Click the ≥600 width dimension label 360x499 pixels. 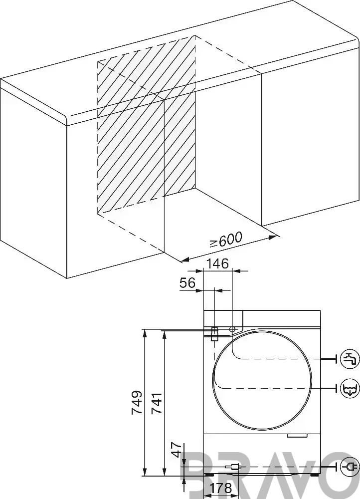(x=226, y=240)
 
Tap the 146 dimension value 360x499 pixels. (x=218, y=263)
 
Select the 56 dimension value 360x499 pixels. (x=187, y=283)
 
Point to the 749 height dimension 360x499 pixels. (x=137, y=403)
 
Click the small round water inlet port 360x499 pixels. (x=232, y=329)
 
